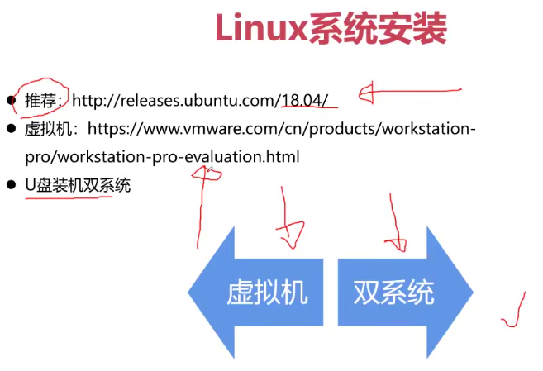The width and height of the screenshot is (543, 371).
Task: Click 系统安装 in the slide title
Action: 378,29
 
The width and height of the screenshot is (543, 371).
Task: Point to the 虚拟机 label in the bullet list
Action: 49,129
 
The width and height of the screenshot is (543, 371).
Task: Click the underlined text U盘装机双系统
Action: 78,185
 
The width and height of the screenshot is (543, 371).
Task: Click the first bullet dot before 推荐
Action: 12,101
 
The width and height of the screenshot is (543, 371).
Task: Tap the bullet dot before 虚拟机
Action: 12,129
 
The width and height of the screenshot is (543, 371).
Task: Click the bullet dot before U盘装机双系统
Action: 12,185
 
